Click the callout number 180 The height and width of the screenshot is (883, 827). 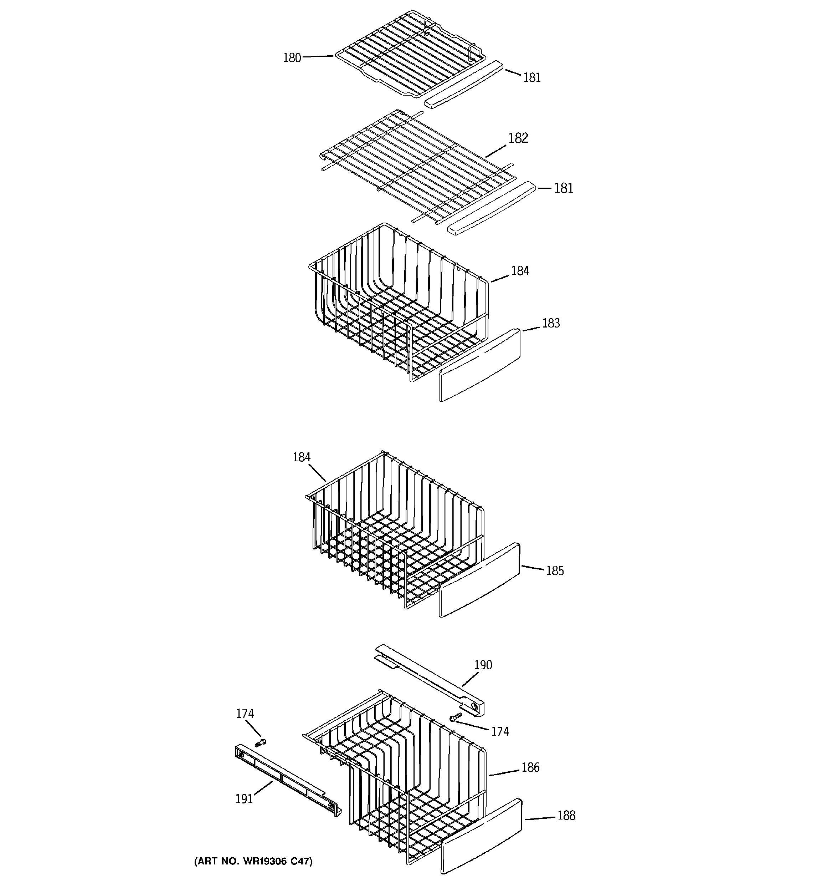click(292, 58)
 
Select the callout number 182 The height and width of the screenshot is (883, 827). click(518, 138)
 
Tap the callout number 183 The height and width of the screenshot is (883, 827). click(551, 323)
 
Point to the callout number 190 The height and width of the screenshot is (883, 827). click(483, 665)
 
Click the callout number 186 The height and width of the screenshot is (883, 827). click(530, 767)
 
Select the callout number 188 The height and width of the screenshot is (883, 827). click(566, 816)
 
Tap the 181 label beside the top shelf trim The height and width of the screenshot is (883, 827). click(532, 78)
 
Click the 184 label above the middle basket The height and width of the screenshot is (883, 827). click(302, 457)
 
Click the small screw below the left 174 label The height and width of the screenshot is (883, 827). click(261, 742)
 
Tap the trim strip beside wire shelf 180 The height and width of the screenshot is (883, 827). click(464, 84)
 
